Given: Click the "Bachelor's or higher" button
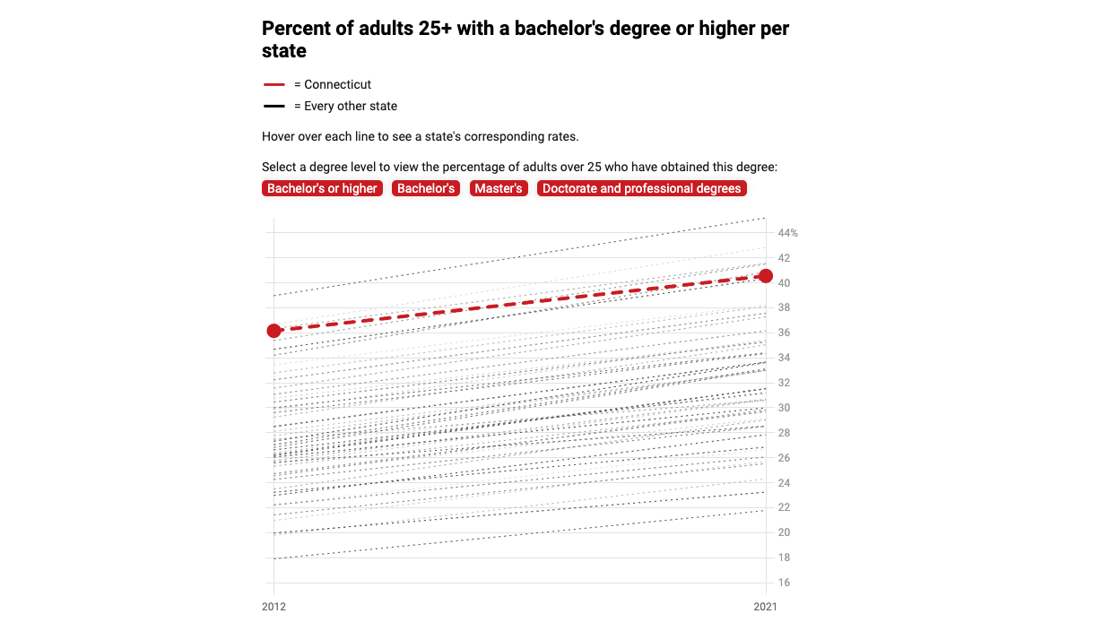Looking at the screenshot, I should point(322,188).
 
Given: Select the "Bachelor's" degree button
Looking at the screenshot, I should point(426,188).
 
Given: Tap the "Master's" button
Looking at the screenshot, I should point(499,188).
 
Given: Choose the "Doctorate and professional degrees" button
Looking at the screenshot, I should point(641,188).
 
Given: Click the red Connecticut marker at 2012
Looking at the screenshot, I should point(274,331).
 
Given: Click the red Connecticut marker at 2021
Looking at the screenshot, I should point(766,275).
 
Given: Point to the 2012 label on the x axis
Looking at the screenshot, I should point(273,607).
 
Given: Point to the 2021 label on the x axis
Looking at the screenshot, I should point(766,607).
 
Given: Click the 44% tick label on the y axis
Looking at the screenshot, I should point(787,233).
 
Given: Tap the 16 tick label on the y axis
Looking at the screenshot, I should point(784,583).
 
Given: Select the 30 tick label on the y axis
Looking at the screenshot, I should point(784,408).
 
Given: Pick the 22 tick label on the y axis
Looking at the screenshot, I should point(784,507).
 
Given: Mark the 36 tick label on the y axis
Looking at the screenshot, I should point(784,333).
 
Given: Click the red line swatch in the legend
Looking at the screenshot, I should point(274,85).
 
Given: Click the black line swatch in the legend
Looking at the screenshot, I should point(274,107).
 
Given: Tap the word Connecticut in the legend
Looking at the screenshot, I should point(337,85).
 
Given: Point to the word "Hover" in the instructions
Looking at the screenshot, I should point(279,137).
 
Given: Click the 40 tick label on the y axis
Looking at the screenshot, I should point(784,283).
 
